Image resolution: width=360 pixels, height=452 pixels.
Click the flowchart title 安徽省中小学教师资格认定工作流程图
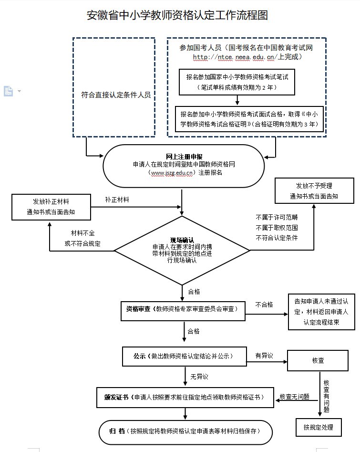(177, 16)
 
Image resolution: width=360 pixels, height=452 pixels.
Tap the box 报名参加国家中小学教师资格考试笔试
(237, 82)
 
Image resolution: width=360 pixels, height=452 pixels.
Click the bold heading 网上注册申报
(184, 157)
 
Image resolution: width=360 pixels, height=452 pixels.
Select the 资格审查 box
(184, 309)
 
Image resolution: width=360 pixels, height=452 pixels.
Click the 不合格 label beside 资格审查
(264, 304)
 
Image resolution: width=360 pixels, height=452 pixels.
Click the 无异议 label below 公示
(199, 377)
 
